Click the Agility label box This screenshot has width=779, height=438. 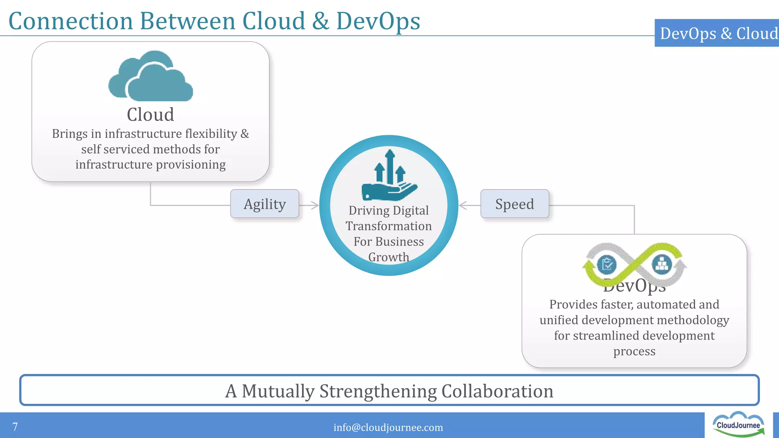265,204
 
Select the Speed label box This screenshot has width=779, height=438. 515,204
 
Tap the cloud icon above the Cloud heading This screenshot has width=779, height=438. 151,76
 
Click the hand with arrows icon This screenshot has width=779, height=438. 389,176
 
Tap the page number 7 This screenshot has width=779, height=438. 15,427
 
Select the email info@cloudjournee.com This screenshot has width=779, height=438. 388,427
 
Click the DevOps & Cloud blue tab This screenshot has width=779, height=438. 717,33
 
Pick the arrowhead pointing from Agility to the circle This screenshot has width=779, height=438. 315,205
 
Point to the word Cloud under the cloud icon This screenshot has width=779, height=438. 151,114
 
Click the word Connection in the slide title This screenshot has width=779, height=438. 71,21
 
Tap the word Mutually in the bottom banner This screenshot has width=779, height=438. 278,391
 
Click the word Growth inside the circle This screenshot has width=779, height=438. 389,257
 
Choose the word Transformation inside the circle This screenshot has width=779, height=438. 389,226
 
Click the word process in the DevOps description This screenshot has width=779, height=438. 634,351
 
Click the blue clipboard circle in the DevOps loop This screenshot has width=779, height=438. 607,265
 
